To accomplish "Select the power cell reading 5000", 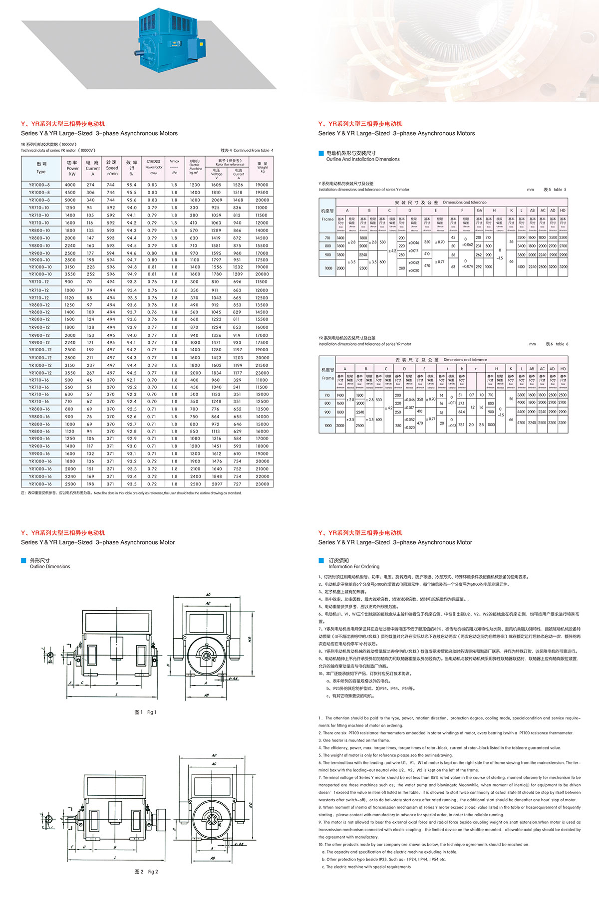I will [x=70, y=200].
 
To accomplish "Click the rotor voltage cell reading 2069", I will [x=216, y=200].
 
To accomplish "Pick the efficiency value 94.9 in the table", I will [x=132, y=274].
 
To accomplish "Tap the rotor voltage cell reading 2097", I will [x=217, y=484].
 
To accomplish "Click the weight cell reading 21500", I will [x=262, y=365].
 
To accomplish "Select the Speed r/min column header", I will [x=112, y=168].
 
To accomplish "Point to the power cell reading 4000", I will [x=70, y=185].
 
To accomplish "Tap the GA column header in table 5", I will [x=479, y=211].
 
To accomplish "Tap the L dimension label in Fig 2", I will [x=115, y=857].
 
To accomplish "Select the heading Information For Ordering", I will [x=353, y=567].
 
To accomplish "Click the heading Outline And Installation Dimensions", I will [x=363, y=159].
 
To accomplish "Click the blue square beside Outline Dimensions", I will [x=23, y=561].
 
